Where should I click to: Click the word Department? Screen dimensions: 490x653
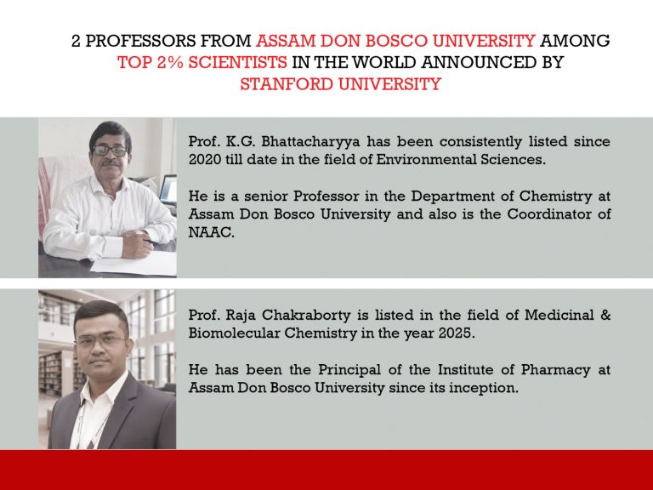[433, 196]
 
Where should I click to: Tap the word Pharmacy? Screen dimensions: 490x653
[549, 370]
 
